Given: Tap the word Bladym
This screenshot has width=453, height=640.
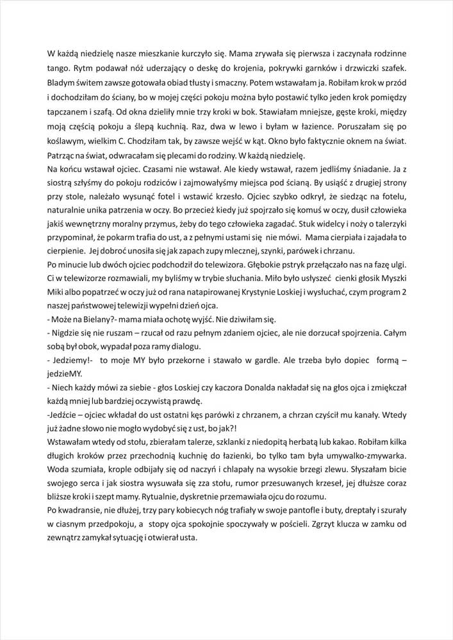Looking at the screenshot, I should pos(62,83).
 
